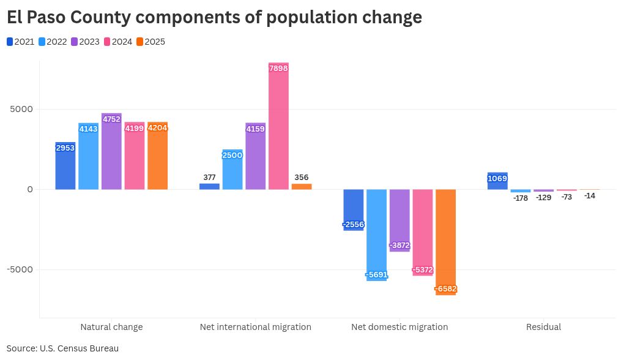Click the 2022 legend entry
click(x=53, y=42)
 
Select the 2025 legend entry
click(x=150, y=42)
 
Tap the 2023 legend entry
click(x=85, y=42)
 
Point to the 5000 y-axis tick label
click(x=21, y=110)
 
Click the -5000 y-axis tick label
click(x=20, y=269)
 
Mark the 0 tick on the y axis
click(x=29, y=189)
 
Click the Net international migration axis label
click(x=256, y=327)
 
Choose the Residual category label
click(x=543, y=327)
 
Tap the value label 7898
click(x=278, y=68)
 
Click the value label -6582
click(x=446, y=289)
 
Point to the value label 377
click(x=209, y=178)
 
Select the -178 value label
click(x=521, y=198)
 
